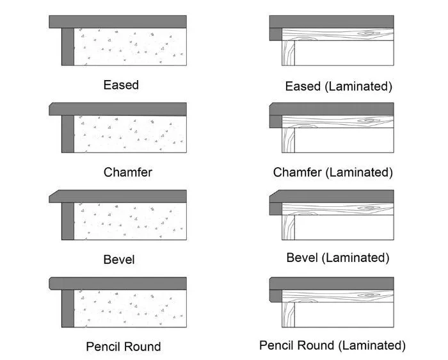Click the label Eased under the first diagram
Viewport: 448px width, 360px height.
pyautogui.click(x=121, y=85)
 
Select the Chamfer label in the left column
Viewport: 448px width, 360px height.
pyautogui.click(x=128, y=172)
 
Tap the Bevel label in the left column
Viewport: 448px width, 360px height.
pyautogui.click(x=119, y=259)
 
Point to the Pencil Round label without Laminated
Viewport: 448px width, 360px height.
pyautogui.click(x=123, y=347)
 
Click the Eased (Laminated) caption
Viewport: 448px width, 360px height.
pyautogui.click(x=339, y=86)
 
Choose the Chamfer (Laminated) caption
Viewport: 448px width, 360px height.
pyautogui.click(x=333, y=172)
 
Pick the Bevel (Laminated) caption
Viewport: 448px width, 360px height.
pyautogui.click(x=338, y=258)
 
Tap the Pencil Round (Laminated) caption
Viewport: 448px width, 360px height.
pyautogui.click(x=332, y=345)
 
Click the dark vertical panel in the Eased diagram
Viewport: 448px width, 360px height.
pyautogui.click(x=67, y=46)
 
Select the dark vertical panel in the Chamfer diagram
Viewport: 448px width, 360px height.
pyautogui.click(x=67, y=134)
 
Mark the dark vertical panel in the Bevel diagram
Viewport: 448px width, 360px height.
pyautogui.click(x=67, y=222)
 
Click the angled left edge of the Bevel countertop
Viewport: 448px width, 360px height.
pyautogui.click(x=53, y=195)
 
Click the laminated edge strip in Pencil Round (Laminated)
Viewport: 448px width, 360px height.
pyautogui.click(x=275, y=295)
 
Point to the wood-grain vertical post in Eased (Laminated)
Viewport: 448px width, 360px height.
pyautogui.click(x=288, y=53)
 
